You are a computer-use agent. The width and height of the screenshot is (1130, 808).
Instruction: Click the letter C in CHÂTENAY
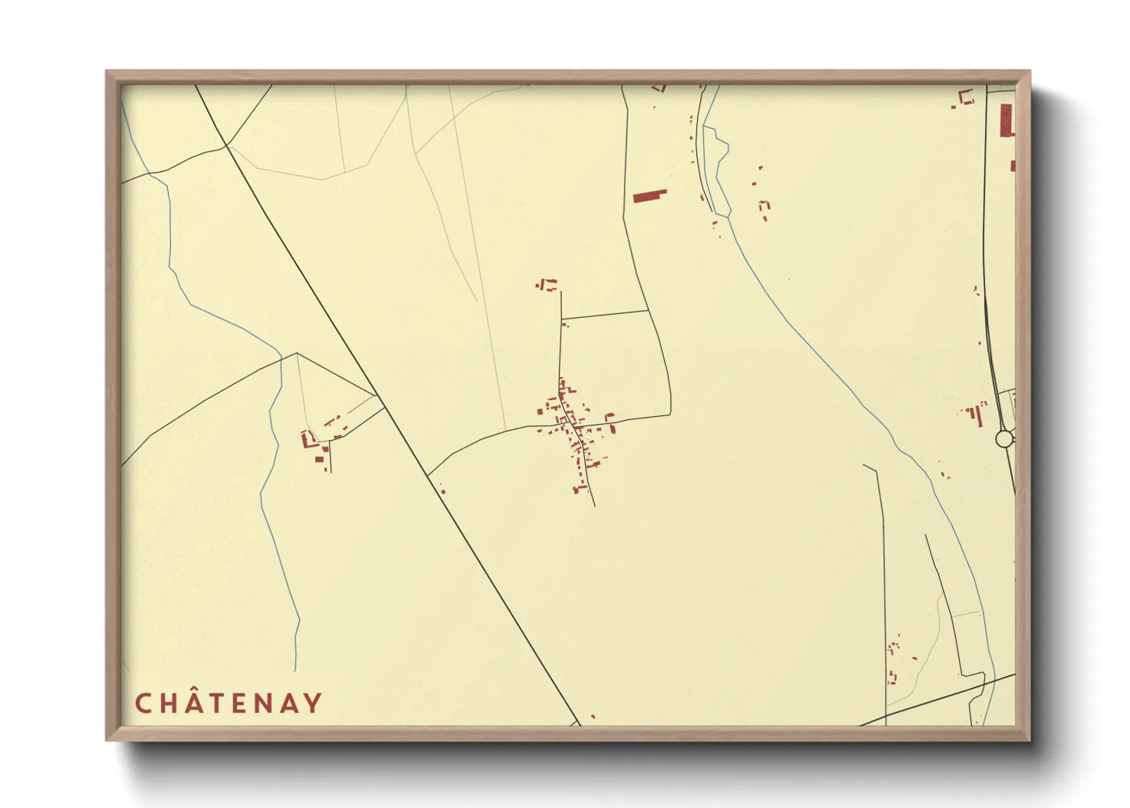click(143, 703)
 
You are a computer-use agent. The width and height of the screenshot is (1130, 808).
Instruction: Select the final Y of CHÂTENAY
click(312, 703)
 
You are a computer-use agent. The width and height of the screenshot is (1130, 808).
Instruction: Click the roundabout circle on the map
click(1004, 439)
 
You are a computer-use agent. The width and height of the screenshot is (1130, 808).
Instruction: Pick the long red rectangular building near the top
click(650, 196)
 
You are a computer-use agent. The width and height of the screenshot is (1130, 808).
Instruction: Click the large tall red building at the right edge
click(1007, 120)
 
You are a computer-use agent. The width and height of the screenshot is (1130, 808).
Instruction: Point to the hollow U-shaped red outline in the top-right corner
click(967, 97)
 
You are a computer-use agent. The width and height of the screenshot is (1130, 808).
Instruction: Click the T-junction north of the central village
click(561, 318)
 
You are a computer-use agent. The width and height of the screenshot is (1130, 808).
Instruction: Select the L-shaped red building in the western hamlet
click(308, 439)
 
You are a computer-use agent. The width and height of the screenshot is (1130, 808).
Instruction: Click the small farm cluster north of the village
click(546, 285)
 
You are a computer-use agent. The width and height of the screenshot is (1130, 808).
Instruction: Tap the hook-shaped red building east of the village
click(609, 417)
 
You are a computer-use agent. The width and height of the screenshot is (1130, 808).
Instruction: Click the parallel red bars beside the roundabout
click(974, 415)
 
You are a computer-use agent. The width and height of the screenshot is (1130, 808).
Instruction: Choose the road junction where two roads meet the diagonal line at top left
click(226, 145)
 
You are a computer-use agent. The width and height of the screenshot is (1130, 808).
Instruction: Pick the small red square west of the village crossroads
click(540, 412)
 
